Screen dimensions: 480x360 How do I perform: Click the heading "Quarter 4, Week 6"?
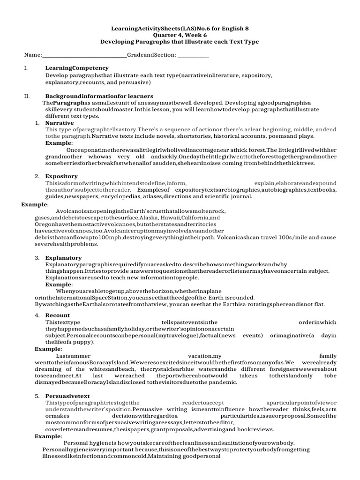pos(180,35)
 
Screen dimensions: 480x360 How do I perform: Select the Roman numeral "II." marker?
pos(27,96)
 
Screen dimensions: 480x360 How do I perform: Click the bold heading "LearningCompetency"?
pos(77,68)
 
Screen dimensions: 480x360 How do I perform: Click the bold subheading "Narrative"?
pos(60,123)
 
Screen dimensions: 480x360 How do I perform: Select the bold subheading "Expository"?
pos(61,176)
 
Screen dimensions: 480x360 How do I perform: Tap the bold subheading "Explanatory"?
pos(63,258)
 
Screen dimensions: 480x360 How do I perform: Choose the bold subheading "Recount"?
pos(58,315)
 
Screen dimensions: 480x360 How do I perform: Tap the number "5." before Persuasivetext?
pos(37,396)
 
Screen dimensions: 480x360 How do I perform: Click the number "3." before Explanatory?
pos(37,258)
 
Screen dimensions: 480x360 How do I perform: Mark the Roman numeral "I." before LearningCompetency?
pos(26,68)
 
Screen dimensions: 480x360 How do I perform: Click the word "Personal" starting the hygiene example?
pos(76,442)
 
